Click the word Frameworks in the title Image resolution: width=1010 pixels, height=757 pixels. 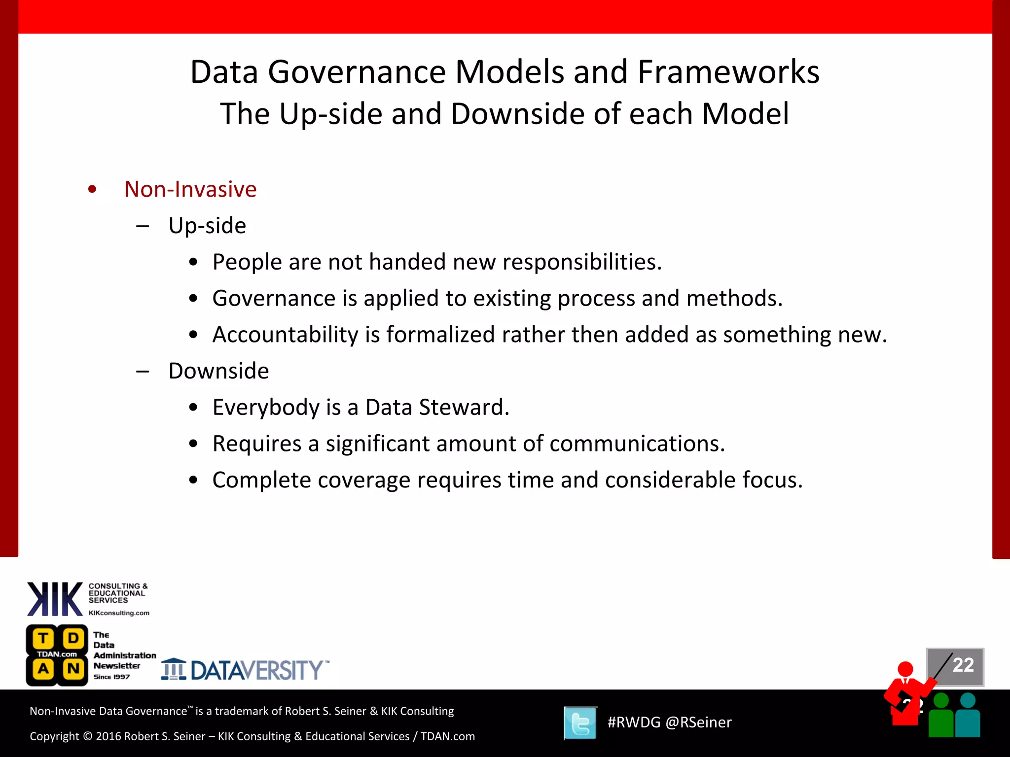pyautogui.click(x=728, y=72)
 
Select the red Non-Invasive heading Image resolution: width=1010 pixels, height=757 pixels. pyautogui.click(x=190, y=189)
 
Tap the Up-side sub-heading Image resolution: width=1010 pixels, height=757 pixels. pyautogui.click(x=207, y=226)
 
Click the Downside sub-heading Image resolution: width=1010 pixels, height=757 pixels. pyautogui.click(x=218, y=371)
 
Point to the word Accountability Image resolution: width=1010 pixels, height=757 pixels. pyautogui.click(x=285, y=335)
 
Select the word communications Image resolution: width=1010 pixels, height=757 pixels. pyautogui.click(x=637, y=444)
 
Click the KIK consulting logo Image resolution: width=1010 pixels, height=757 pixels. pyautogui.click(x=55, y=599)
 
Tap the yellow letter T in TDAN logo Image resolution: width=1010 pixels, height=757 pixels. pyautogui.click(x=43, y=638)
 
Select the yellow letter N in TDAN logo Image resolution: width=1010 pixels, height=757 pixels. pyautogui.click(x=73, y=669)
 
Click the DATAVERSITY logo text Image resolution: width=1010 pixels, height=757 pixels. pyautogui.click(x=256, y=670)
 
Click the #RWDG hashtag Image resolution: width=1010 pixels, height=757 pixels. pyautogui.click(x=634, y=723)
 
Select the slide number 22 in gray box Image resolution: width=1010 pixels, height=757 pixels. pyautogui.click(x=963, y=665)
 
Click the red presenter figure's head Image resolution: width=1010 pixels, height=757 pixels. pyautogui.click(x=905, y=669)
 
